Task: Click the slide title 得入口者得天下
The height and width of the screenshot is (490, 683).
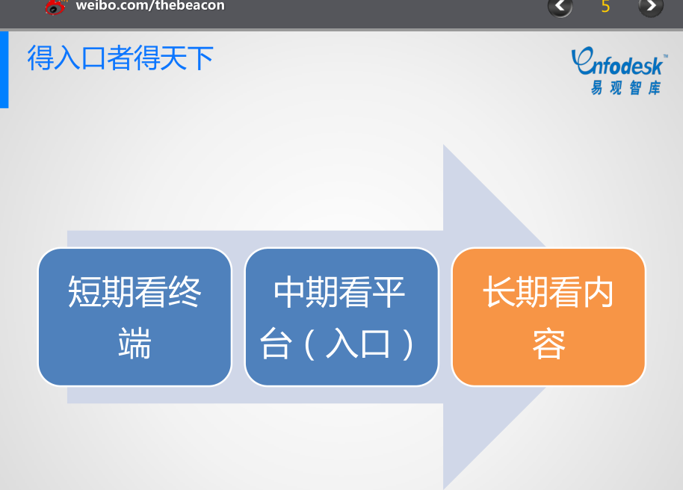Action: (x=120, y=58)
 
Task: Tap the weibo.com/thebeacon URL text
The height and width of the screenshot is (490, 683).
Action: (x=150, y=6)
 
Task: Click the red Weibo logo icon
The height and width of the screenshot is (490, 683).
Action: (x=56, y=7)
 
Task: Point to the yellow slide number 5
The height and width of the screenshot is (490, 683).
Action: (x=605, y=7)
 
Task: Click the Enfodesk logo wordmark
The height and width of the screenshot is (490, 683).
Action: (x=618, y=62)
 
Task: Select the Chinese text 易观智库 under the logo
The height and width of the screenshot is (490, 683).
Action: (x=625, y=87)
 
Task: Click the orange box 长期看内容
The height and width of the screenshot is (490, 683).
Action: (x=548, y=317)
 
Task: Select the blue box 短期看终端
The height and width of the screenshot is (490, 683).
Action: (x=135, y=317)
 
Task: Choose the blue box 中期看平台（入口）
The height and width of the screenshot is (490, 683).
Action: (x=341, y=317)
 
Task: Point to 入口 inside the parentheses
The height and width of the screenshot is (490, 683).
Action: (x=358, y=344)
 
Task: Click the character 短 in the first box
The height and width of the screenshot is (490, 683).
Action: (x=85, y=292)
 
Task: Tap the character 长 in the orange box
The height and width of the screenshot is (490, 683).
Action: (x=500, y=292)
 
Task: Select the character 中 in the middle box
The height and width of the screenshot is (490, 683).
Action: (x=291, y=292)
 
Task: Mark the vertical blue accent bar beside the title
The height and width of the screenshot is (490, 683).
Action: (x=4, y=69)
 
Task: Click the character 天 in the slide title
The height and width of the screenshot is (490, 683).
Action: (x=173, y=58)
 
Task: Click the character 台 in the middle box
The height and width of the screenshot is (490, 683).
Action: (x=276, y=344)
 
